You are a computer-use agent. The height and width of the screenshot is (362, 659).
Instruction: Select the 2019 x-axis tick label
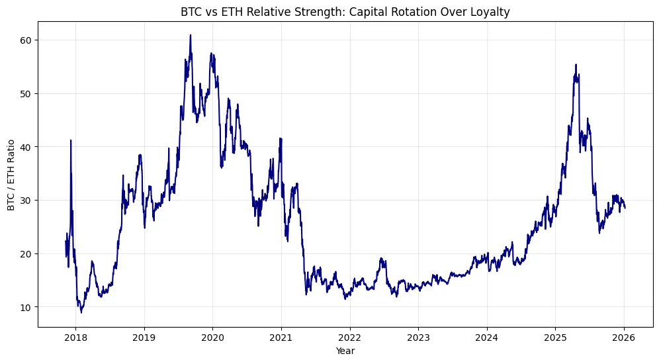144,338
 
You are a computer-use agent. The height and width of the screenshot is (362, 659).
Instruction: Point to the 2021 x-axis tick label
281,338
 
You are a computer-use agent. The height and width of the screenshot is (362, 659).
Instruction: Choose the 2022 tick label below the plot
349,338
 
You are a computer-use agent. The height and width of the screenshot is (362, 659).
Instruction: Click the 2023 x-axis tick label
418,338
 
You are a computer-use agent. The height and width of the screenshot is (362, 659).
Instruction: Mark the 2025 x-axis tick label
555,338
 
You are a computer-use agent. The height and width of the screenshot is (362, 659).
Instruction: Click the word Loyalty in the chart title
493,11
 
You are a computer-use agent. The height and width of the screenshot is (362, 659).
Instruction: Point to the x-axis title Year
345,351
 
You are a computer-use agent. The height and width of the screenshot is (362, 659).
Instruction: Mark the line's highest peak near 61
191,35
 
